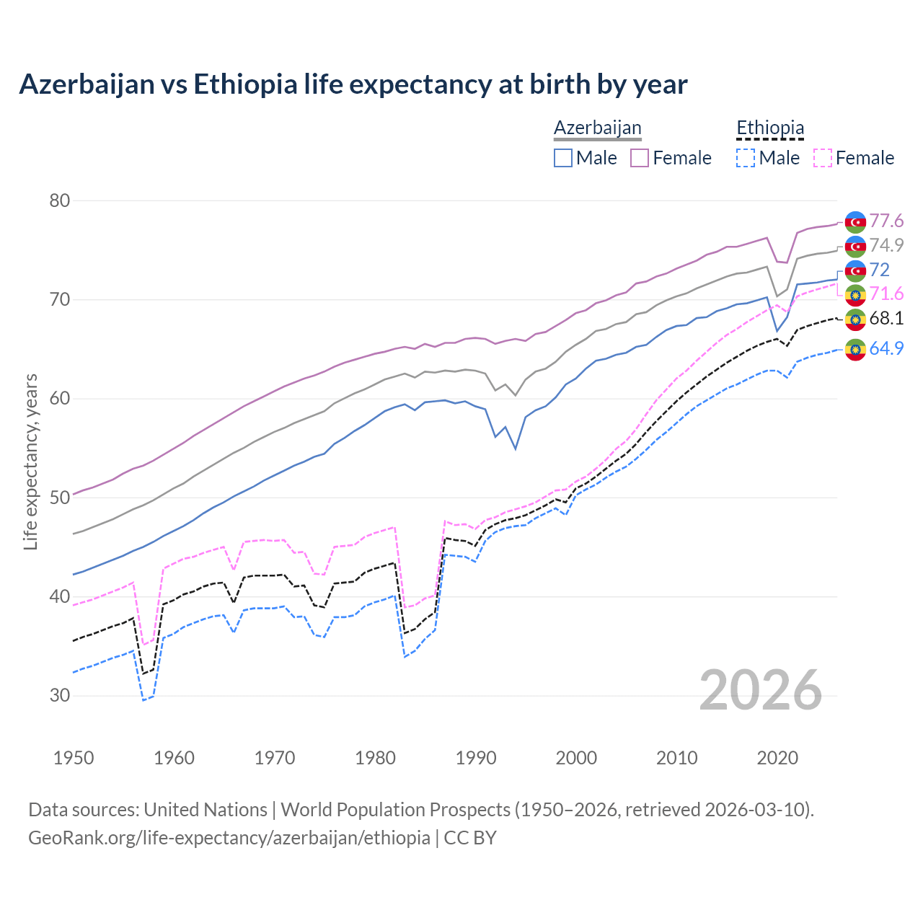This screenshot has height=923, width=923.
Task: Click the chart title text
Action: pos(353,84)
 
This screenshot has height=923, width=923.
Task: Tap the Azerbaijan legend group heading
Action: pos(597,128)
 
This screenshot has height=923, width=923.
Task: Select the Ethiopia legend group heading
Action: pos(769,128)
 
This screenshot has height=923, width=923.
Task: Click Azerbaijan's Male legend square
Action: pos(563,158)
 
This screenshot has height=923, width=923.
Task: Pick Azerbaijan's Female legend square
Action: pos(640,158)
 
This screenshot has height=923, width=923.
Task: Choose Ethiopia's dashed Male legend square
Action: pos(746,158)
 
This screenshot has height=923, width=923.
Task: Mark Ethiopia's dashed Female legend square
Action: pos(823,158)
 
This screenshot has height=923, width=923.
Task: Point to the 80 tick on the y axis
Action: pos(59,200)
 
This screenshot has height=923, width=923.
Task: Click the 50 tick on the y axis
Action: pos(59,498)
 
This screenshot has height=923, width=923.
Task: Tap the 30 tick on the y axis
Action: pos(59,696)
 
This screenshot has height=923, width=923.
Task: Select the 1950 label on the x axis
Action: pos(74,758)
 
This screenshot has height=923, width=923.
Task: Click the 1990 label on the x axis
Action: pos(476,758)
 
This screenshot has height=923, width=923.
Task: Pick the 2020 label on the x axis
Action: pos(777,758)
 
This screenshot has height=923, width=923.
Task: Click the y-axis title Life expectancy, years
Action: pos(31,461)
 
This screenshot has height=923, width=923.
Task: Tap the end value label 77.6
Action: pos(886,221)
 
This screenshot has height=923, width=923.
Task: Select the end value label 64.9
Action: pos(886,348)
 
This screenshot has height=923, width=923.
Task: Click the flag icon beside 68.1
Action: pos(855,319)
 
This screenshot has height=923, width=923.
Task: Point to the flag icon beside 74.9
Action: pos(855,246)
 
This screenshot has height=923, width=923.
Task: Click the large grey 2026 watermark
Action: pos(760,691)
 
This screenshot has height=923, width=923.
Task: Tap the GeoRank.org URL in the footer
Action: pos(229,838)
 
